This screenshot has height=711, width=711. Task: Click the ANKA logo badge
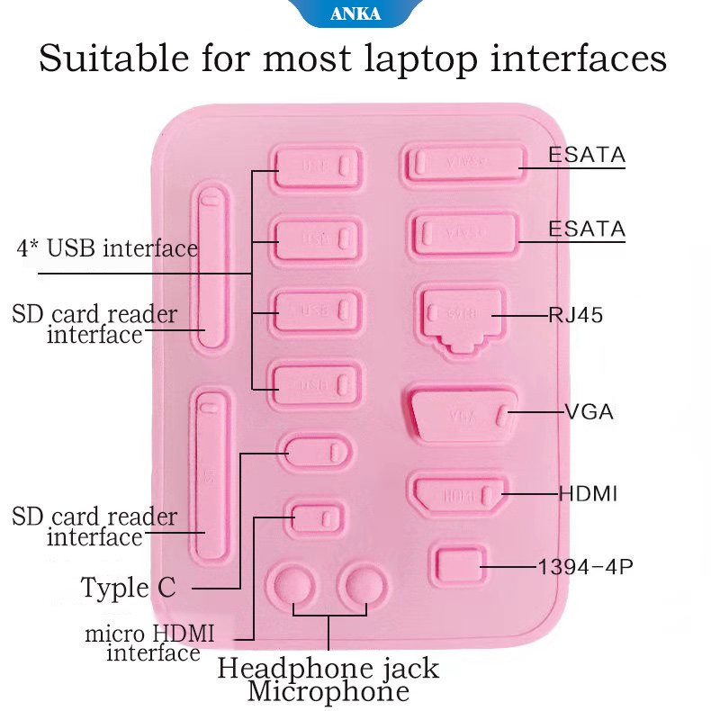pyautogui.click(x=355, y=13)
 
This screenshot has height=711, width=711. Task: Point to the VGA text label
pyautogui.click(x=589, y=412)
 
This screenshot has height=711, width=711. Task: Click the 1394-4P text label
pyautogui.click(x=579, y=567)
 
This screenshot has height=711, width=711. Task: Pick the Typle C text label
pyautogui.click(x=128, y=588)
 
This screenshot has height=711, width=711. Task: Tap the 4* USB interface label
pyautogui.click(x=107, y=247)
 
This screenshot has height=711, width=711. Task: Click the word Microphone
pyautogui.click(x=328, y=692)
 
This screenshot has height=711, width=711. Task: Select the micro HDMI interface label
pyautogui.click(x=150, y=642)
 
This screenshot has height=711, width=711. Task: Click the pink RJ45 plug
pyautogui.click(x=460, y=315)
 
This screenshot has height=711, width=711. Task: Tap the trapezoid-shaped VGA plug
pyautogui.click(x=462, y=414)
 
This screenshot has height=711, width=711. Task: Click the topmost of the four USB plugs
pyautogui.click(x=319, y=167)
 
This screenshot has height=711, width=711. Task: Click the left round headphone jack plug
pyautogui.click(x=294, y=587)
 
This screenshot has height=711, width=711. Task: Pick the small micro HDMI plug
pyautogui.click(x=316, y=517)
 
